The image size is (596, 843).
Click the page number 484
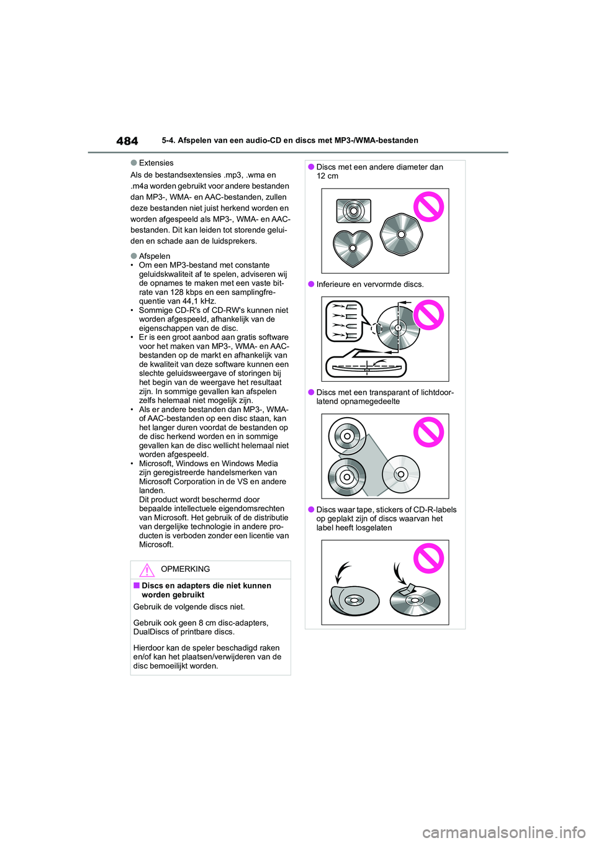pos(127,141)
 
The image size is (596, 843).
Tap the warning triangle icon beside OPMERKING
pos(147,570)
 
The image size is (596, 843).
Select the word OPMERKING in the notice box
pos(185,569)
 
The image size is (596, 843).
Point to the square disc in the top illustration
pos(353,211)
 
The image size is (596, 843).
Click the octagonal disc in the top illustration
pos(401,234)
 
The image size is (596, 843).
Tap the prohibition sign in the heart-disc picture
pos(429,207)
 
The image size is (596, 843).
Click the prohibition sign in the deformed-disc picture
pos(429,315)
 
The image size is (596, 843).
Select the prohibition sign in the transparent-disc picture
pos(429,432)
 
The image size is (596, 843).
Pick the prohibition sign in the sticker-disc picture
pos(429,558)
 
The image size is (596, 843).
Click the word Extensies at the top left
pos(156,163)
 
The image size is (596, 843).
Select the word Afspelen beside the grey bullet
pos(155,256)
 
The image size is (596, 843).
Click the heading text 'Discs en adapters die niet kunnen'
pos(206,586)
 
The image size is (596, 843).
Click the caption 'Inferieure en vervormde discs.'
pos(370,284)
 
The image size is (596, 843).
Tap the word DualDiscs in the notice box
pos(151,632)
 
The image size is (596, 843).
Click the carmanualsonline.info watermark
pos(503,832)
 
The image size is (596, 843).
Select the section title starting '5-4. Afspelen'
pos(290,141)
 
